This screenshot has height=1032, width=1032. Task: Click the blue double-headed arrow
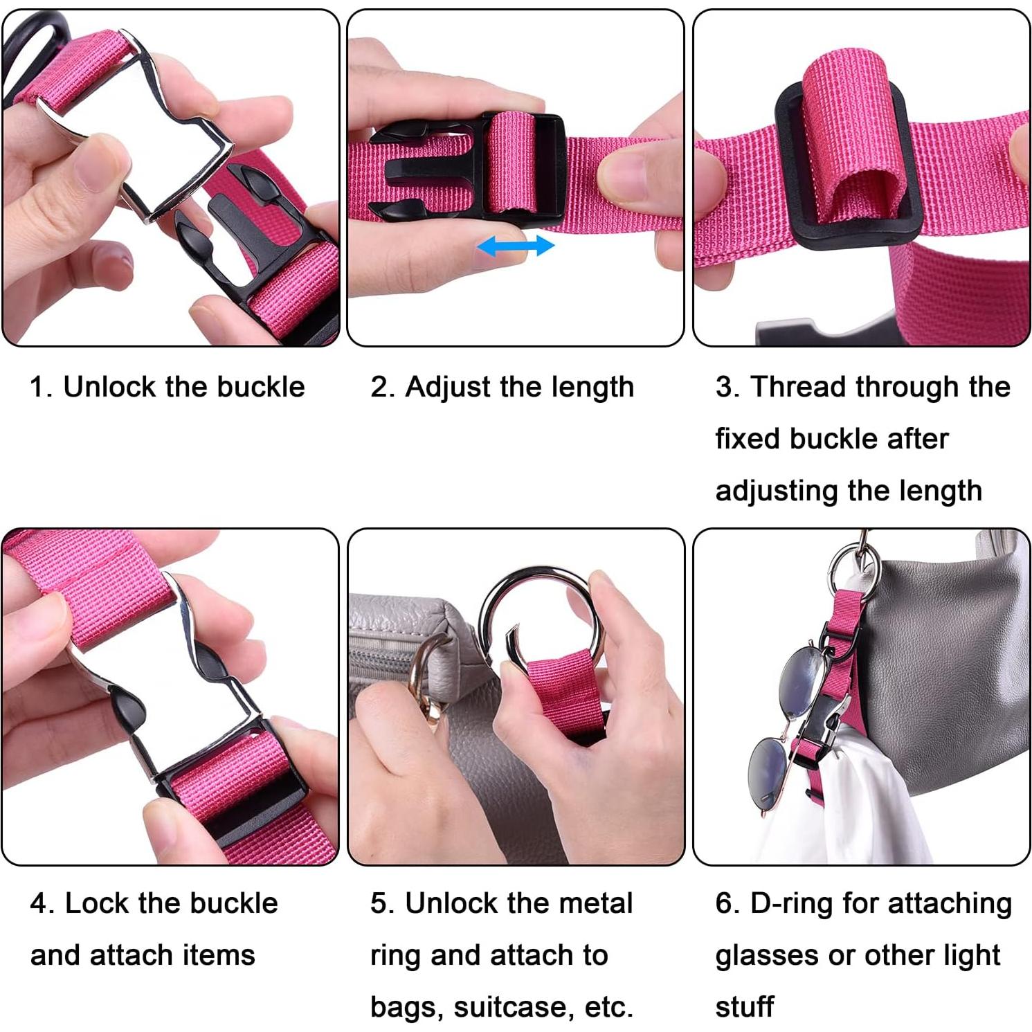(x=516, y=245)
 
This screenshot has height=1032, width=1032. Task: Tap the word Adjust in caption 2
(x=448, y=388)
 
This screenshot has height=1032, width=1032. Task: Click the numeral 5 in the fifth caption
(x=379, y=903)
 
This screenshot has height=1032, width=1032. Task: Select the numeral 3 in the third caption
(x=724, y=387)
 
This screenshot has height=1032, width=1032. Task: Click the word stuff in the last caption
(x=745, y=1007)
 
